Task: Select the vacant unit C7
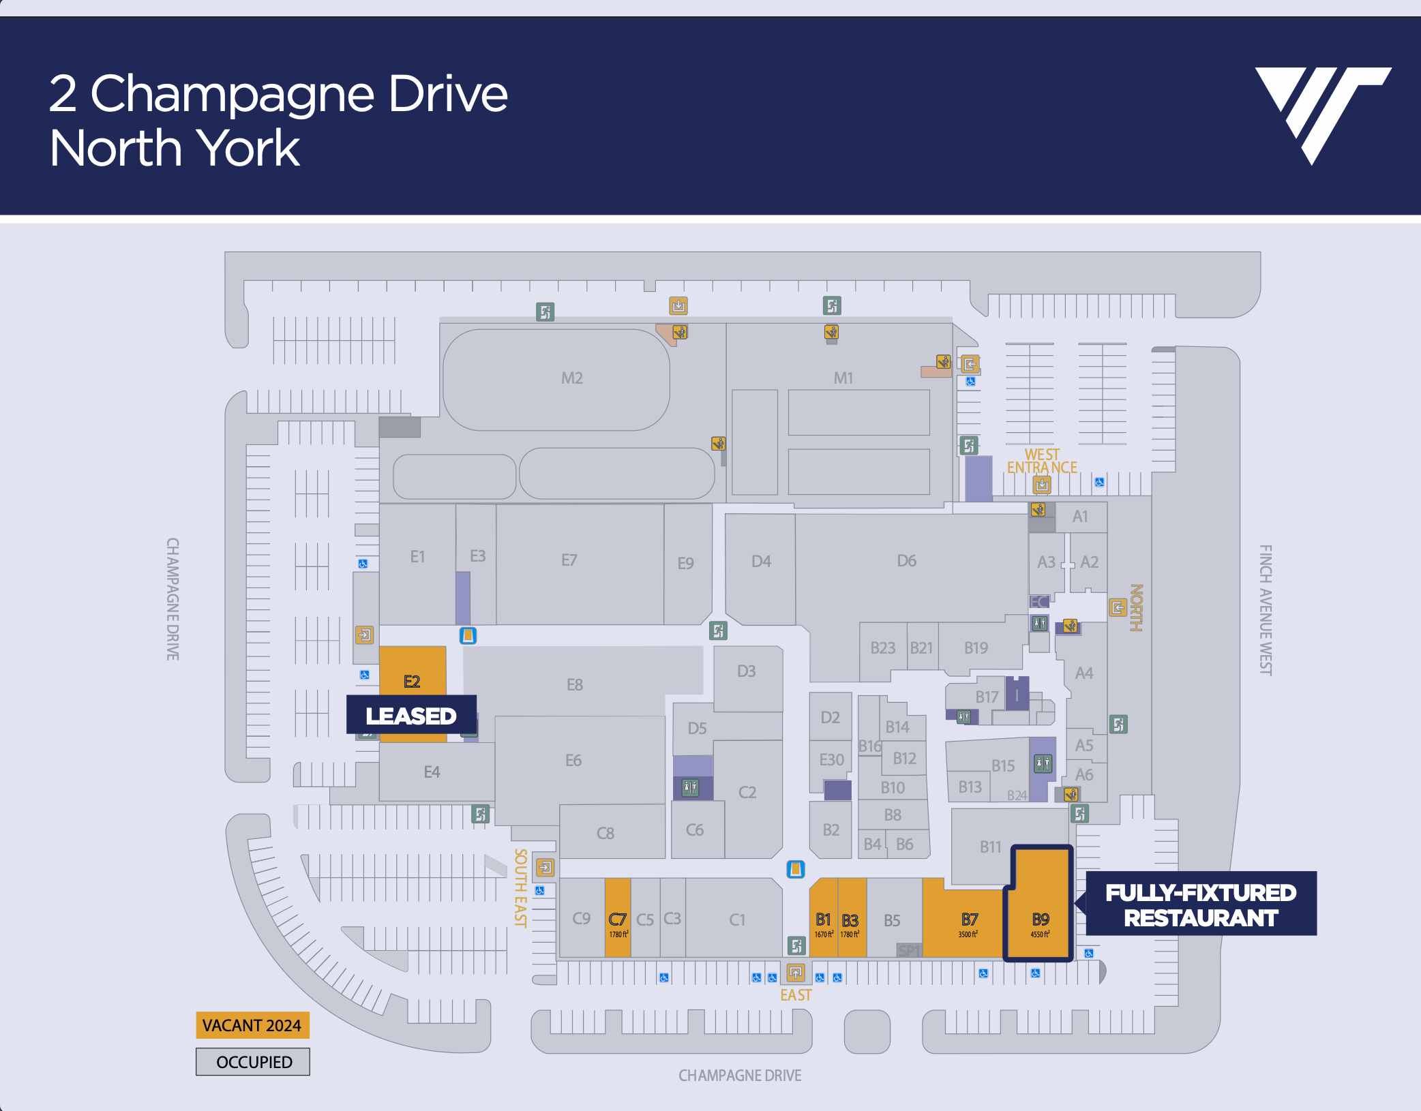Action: [618, 920]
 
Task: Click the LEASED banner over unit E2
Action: [411, 715]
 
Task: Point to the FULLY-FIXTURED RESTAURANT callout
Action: [1200, 904]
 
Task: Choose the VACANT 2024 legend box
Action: [252, 1025]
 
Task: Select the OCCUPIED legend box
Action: [253, 1062]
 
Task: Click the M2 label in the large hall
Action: [571, 378]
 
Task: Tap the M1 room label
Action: [843, 378]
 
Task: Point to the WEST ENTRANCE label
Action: [1042, 461]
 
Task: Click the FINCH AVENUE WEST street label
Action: [1265, 610]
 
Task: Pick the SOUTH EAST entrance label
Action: [520, 887]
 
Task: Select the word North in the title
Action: [113, 148]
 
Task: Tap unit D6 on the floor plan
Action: [906, 561]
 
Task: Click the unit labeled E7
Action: [569, 560]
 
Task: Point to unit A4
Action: [1083, 673]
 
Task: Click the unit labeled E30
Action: [831, 759]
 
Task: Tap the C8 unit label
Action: [605, 833]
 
